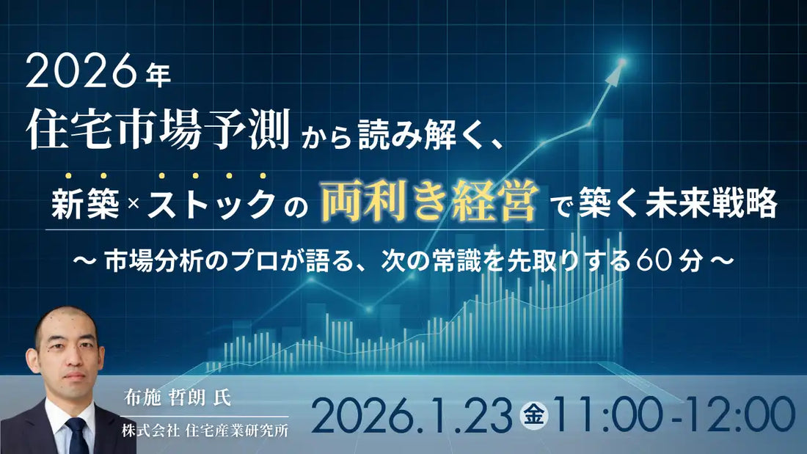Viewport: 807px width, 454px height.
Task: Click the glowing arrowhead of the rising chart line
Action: [x=621, y=64]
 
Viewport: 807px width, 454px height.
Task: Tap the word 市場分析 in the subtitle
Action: [x=148, y=262]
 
